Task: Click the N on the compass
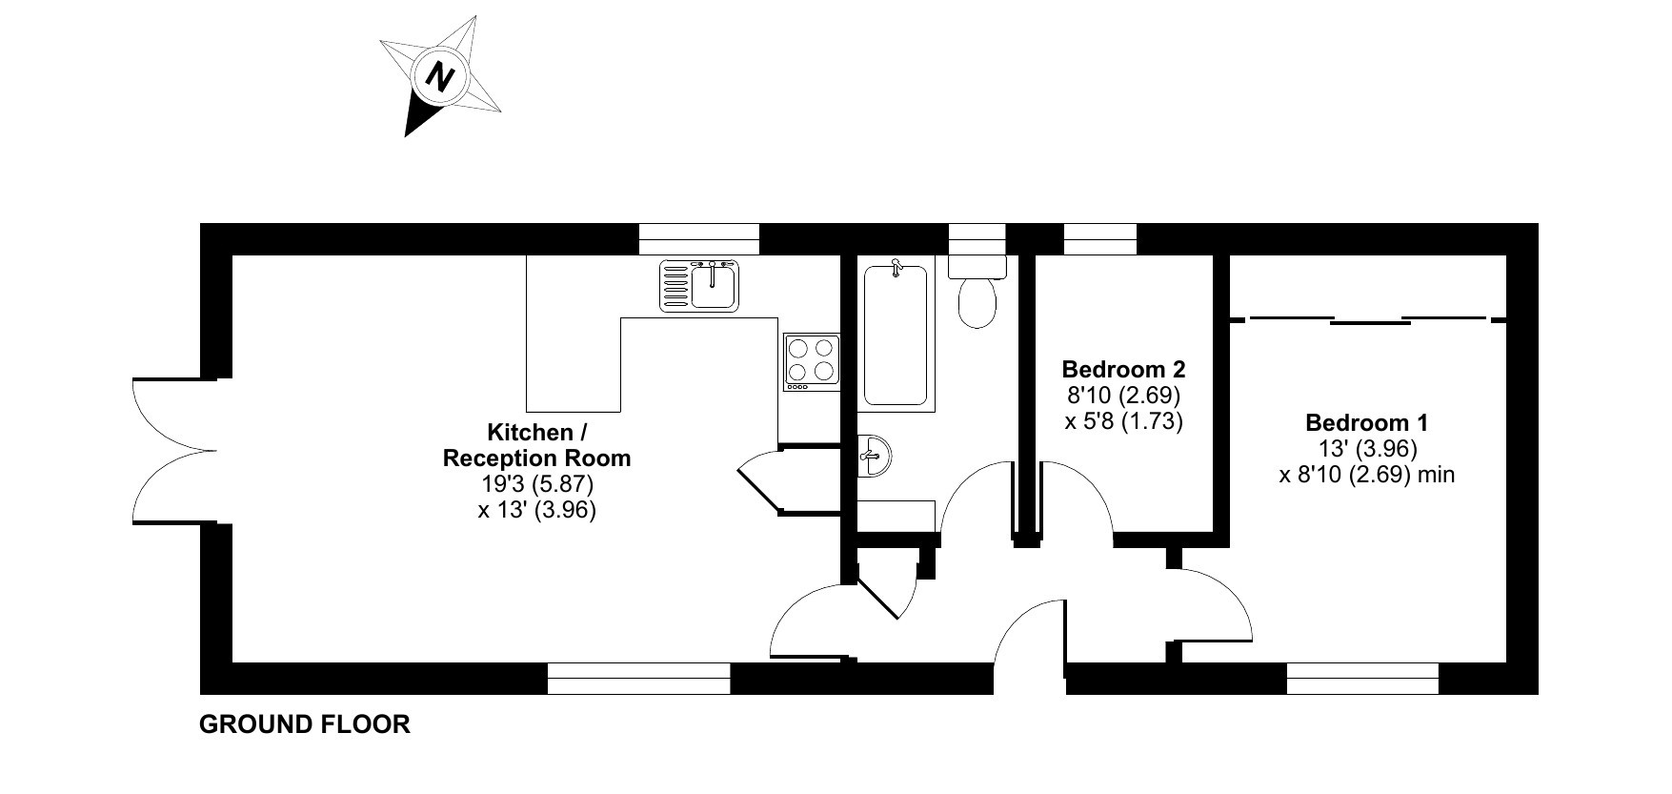point(439,75)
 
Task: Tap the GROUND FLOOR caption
point(305,724)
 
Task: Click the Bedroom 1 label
point(1366,422)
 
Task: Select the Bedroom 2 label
point(1123,369)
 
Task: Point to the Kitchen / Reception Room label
point(537,445)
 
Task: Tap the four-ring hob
point(812,362)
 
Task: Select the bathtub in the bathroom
point(896,335)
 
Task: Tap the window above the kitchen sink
point(699,238)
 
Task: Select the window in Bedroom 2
point(1100,238)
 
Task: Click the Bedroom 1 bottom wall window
point(1362,679)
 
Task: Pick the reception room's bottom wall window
point(638,679)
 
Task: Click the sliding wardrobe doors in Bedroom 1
point(1369,319)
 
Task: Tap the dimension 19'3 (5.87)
point(537,484)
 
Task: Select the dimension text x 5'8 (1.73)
point(1123,420)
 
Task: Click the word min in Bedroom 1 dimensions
point(1436,474)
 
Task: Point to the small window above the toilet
point(977,238)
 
